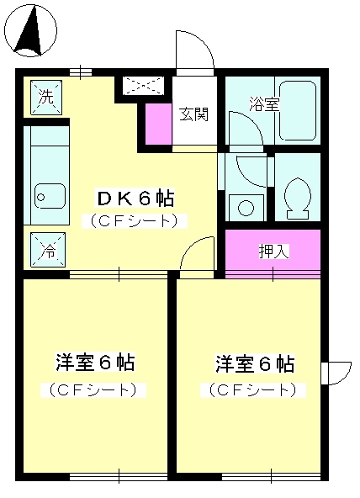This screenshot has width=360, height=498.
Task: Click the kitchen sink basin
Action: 50,197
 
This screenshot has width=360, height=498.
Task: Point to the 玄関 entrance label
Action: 193,114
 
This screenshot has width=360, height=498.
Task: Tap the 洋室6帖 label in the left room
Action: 95,363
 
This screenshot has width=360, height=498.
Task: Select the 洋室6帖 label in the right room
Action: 254,363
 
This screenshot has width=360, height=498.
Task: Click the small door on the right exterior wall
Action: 337,371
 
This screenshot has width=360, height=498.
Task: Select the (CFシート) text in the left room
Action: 95,390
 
